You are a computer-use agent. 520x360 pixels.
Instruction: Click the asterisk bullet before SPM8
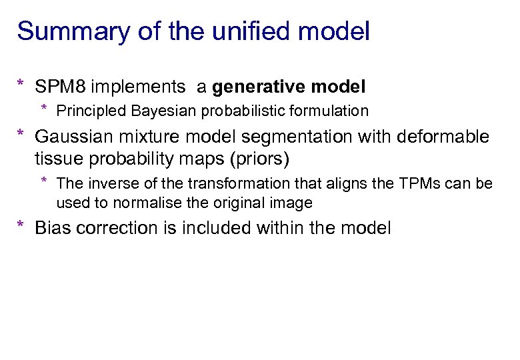(21, 85)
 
